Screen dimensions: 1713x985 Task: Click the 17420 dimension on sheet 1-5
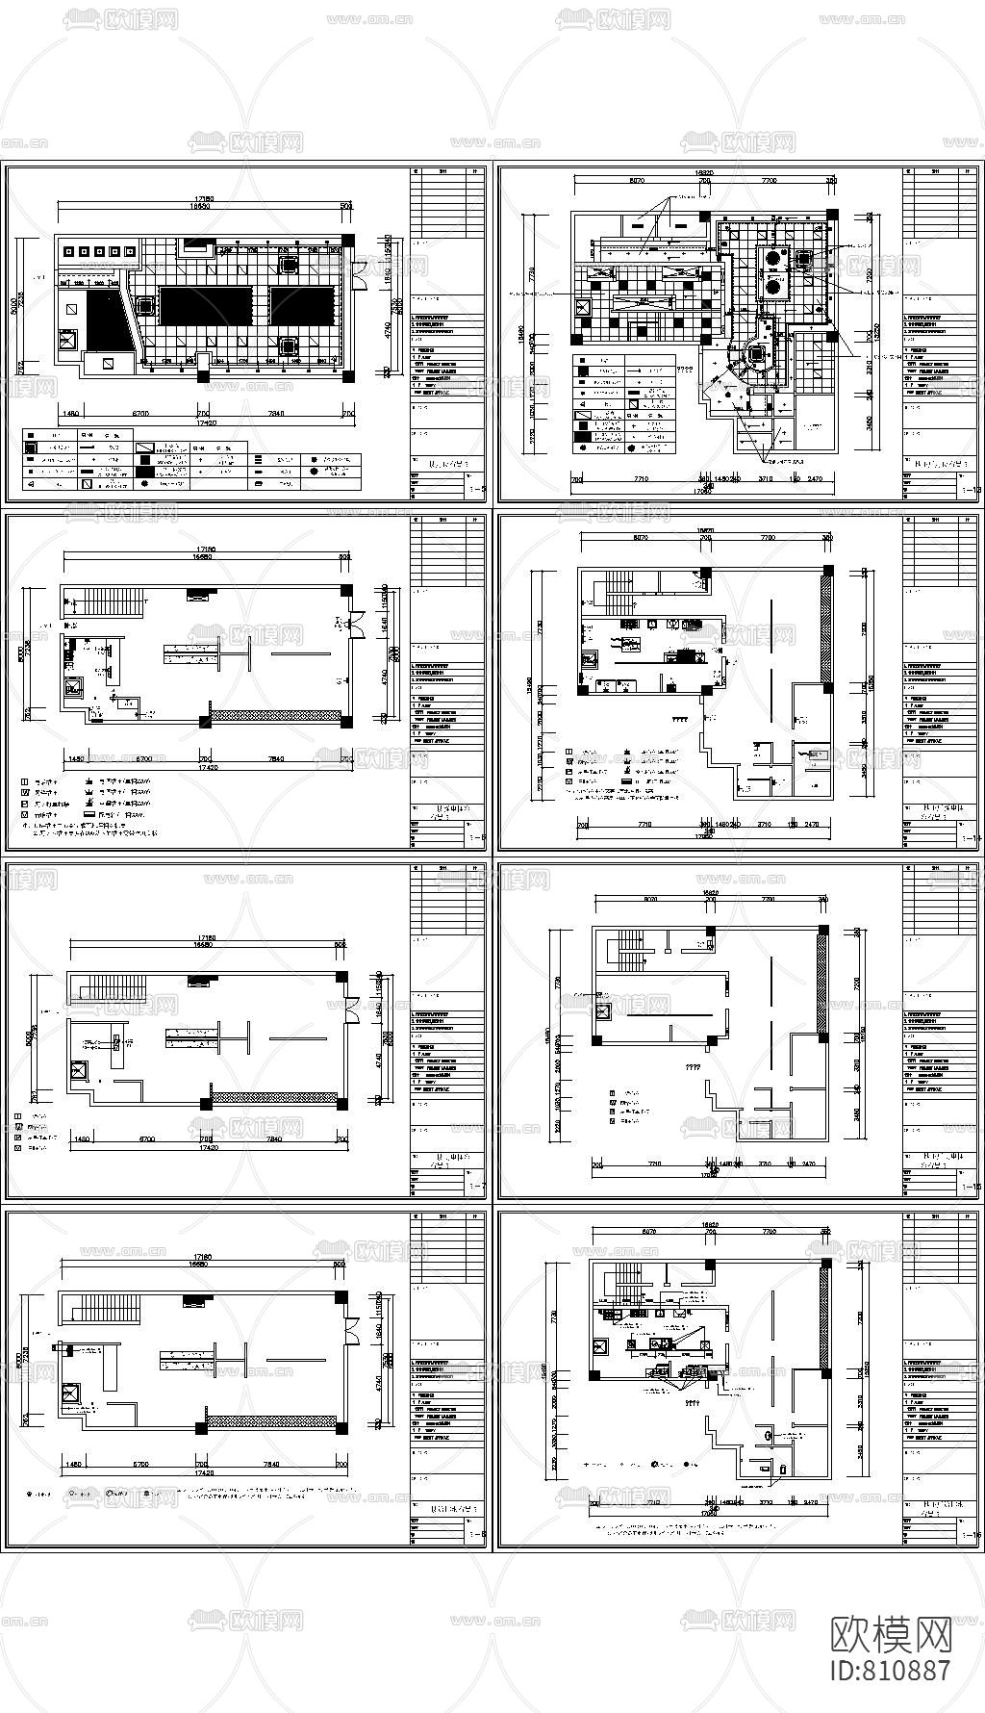tap(202, 423)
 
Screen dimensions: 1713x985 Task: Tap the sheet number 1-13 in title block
tap(971, 491)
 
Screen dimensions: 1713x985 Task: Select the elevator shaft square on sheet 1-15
tap(604, 1011)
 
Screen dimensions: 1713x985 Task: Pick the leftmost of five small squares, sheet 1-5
tap(67, 252)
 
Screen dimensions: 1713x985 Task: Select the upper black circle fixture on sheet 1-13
tap(771, 257)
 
